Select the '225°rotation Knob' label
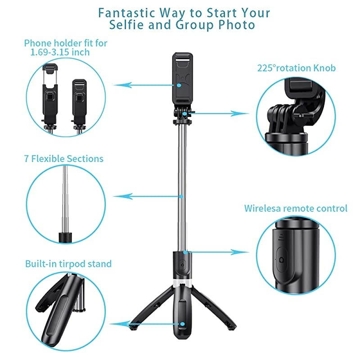point(296,68)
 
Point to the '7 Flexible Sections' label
point(63,159)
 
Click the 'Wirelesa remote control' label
point(296,208)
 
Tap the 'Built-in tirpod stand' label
point(68,264)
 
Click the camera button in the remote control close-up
point(282,261)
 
